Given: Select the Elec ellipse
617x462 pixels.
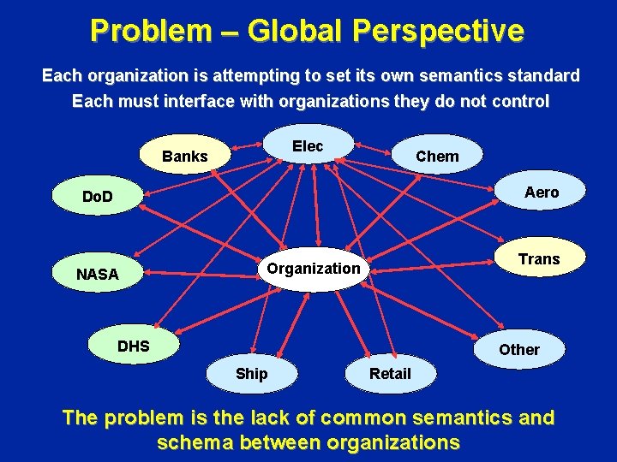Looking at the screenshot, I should pyautogui.click(x=308, y=146).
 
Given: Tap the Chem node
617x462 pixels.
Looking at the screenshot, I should pyautogui.click(x=437, y=156).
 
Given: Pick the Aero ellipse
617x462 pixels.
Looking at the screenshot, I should pyautogui.click(x=541, y=192).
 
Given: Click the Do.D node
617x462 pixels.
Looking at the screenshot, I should pyautogui.click(x=98, y=198).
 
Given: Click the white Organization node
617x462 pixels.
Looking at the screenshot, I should pyautogui.click(x=314, y=269).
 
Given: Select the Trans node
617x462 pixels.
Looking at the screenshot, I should pyautogui.click(x=539, y=259).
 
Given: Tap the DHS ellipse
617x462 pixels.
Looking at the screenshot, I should pyautogui.click(x=134, y=346).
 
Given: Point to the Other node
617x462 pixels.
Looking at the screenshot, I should pyautogui.click(x=519, y=349).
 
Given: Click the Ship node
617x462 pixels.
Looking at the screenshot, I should pyautogui.click(x=251, y=374).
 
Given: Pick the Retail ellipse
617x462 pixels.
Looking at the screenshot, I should pyautogui.click(x=390, y=374).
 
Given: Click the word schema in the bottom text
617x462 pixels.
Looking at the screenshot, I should pyautogui.click(x=196, y=442).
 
